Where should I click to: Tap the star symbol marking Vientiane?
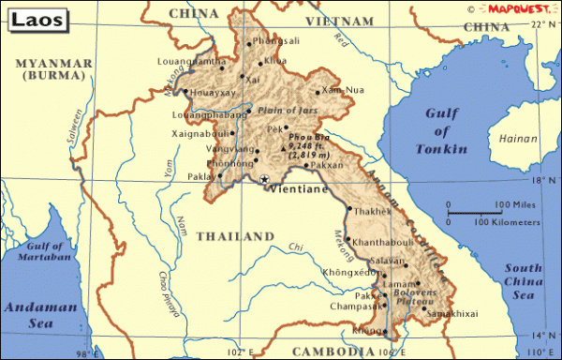(x=264, y=179)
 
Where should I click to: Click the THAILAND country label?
(x=234, y=236)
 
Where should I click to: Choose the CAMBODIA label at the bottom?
(x=328, y=351)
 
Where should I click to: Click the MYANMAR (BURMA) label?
(x=52, y=67)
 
